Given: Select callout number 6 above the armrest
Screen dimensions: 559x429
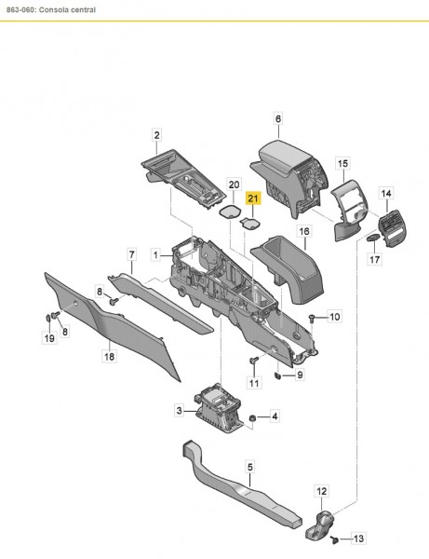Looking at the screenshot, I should point(277,117).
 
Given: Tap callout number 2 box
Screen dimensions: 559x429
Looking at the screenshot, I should point(156,136).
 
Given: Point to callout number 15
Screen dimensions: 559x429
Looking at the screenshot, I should point(342,162).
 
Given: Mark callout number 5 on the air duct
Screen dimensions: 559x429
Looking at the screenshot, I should point(249,466).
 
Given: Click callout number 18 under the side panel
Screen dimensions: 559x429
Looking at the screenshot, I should point(108,355).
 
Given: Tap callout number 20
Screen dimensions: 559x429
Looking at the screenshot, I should point(234,185).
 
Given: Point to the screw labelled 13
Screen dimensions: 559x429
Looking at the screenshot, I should point(336,539).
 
